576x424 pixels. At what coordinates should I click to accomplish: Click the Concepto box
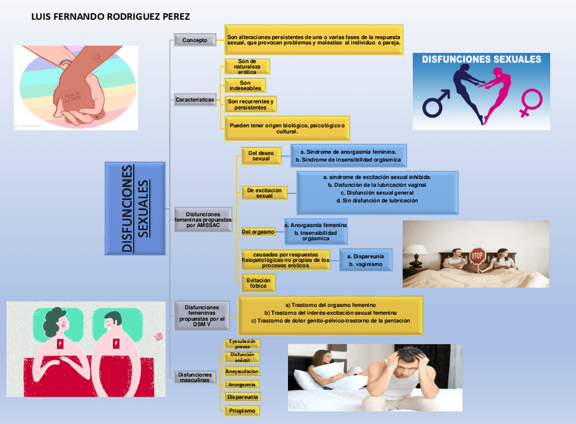[x=194, y=41]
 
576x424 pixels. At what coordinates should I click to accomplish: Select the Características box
[x=195, y=100]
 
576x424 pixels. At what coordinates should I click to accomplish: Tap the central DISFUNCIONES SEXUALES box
[x=136, y=208]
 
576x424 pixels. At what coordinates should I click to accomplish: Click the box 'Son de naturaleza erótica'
[x=247, y=66]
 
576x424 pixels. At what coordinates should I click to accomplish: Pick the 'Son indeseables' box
[x=245, y=86]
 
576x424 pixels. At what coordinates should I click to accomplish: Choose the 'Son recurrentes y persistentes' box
[x=251, y=105]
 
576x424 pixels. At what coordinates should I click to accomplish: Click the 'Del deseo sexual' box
[x=261, y=156]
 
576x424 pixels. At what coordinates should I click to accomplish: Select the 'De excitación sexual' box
[x=264, y=193]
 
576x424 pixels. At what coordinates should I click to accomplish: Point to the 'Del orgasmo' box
[x=258, y=232]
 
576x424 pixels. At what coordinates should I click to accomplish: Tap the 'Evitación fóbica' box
[x=258, y=283]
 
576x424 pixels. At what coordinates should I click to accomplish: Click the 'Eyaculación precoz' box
[x=242, y=343]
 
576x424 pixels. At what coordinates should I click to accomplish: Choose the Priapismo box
[x=242, y=410]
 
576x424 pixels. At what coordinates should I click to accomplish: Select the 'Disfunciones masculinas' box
[x=196, y=377]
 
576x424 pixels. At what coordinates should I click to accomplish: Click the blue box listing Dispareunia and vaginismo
[x=365, y=260]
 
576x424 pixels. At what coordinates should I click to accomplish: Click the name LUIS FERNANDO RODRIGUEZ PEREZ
[x=111, y=16]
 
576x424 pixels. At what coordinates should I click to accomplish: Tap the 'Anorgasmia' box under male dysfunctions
[x=242, y=385]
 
